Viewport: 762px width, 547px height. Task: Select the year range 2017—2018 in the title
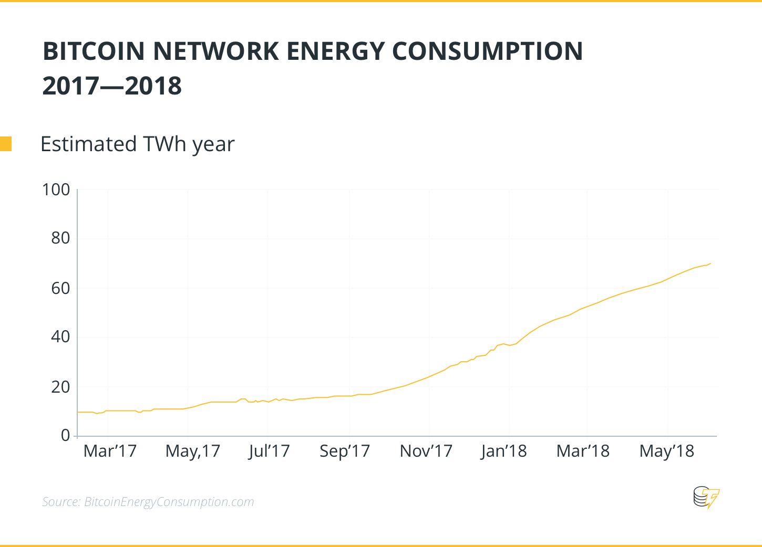[112, 86]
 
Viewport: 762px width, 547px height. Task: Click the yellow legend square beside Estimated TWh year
[6, 144]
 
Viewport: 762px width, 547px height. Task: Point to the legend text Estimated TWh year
[137, 144]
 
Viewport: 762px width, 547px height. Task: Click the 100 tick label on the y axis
[56, 190]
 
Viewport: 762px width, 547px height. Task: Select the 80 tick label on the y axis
[60, 238]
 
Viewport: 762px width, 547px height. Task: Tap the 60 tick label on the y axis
[60, 288]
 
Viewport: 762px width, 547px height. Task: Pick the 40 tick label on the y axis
[60, 336]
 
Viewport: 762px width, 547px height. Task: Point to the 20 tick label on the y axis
[60, 387]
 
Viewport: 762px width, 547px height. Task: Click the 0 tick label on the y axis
[65, 435]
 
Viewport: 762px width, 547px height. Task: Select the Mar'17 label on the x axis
[110, 451]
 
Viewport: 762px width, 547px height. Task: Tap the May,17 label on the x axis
[193, 451]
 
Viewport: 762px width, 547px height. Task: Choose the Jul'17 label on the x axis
[269, 451]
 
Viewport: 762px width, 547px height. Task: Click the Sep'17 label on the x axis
[345, 451]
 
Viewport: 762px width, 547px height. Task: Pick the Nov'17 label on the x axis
[426, 451]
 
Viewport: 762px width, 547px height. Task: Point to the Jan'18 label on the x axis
[503, 451]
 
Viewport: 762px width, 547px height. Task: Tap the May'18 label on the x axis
[667, 451]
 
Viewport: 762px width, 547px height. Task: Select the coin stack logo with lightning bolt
[706, 497]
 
